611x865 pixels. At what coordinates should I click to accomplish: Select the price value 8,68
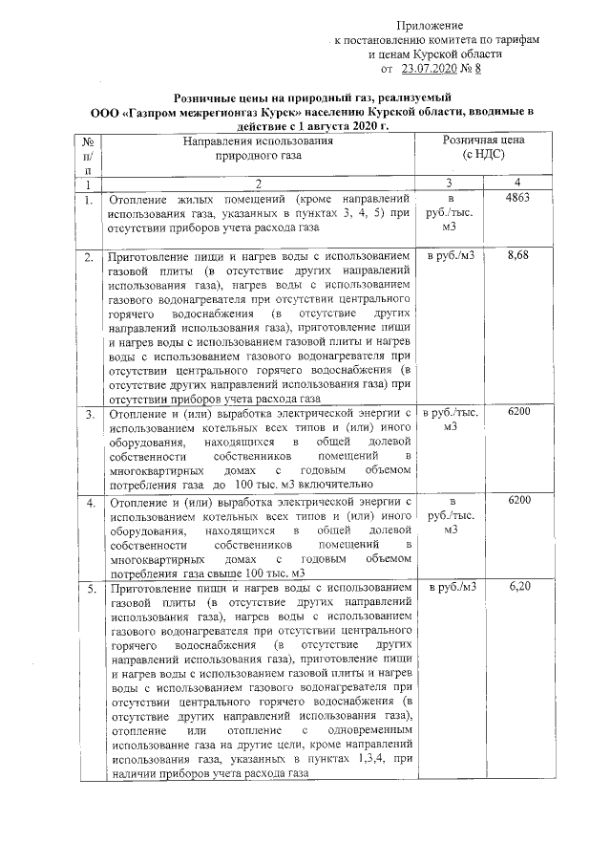point(519,257)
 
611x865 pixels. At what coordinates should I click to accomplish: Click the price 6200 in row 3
point(519,411)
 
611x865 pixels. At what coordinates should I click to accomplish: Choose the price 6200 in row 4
point(519,500)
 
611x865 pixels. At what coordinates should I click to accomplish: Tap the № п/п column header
point(89,153)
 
